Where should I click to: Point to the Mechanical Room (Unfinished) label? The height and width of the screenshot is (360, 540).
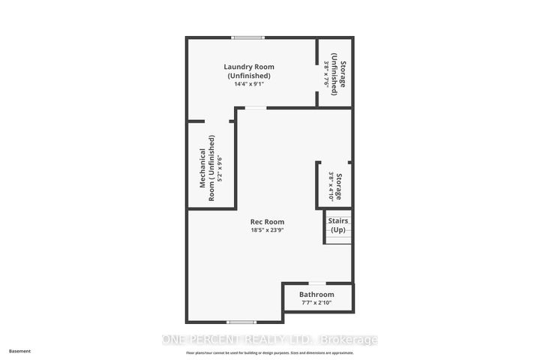[208, 169]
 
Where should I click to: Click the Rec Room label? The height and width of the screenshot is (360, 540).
[267, 221]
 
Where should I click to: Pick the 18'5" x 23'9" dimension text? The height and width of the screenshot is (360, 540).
[267, 230]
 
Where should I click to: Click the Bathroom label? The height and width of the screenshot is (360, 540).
[316, 295]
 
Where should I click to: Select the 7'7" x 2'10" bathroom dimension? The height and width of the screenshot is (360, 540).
[316, 304]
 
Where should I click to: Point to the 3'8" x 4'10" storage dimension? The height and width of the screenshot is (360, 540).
[331, 185]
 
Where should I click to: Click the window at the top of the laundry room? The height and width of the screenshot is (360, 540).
[247, 37]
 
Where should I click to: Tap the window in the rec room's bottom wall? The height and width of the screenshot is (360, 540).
[242, 322]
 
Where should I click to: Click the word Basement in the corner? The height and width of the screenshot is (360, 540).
[21, 350]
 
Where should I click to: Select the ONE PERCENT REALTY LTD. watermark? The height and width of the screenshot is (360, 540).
[270, 340]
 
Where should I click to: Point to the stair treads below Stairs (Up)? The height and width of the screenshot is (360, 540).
[338, 237]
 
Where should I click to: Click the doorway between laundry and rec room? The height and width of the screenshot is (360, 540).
[256, 107]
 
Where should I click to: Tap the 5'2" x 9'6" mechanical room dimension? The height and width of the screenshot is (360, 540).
[220, 169]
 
